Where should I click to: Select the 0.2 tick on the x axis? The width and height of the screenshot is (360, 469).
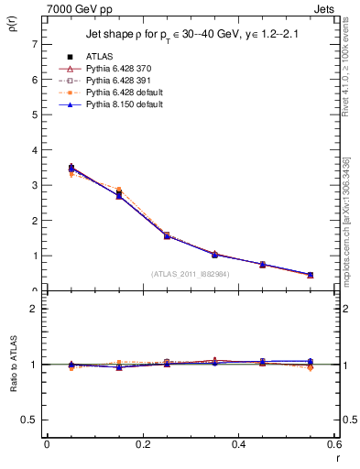coord(142,444)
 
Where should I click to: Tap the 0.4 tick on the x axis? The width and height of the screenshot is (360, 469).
coord(238,444)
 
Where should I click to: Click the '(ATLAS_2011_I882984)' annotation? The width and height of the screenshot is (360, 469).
coord(190,273)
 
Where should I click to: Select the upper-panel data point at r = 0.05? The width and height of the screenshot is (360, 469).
coord(71,169)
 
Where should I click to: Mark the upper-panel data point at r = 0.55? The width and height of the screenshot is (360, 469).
coord(310,275)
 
